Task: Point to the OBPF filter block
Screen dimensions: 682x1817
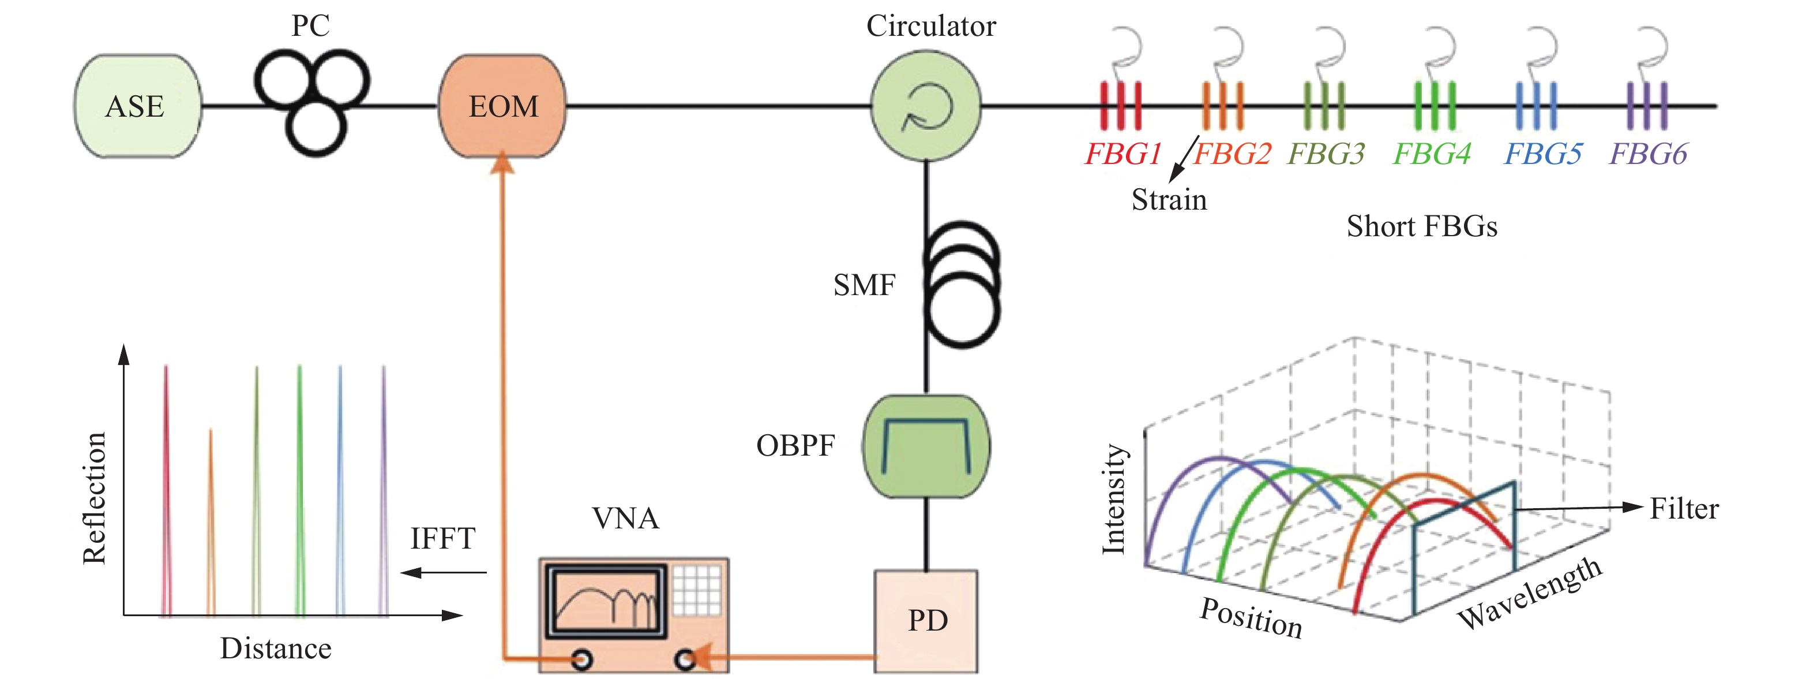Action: click(926, 446)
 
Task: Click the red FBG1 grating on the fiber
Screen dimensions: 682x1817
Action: click(1121, 106)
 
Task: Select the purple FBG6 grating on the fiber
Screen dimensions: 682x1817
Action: click(1647, 106)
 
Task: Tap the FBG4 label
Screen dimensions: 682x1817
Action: click(1432, 153)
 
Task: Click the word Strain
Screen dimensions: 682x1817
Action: click(1169, 200)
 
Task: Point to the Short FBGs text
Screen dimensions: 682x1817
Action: click(1421, 226)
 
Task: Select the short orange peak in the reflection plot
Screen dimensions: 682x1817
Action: click(210, 523)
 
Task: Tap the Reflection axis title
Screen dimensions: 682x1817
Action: click(95, 498)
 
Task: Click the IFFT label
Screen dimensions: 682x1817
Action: click(443, 539)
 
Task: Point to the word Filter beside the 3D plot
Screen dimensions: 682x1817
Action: click(1684, 509)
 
